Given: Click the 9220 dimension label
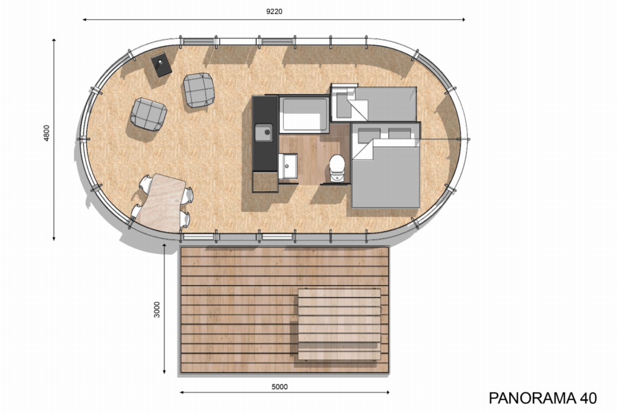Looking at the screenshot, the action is point(274,12).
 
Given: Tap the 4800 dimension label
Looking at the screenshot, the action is point(47,133).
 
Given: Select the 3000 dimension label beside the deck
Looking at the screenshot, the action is point(157,310).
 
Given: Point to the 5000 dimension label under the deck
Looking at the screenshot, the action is point(279,387).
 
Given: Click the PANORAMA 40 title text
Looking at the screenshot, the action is point(542,398).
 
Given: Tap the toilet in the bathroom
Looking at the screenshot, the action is point(337,169).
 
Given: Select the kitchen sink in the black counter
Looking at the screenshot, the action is point(264,133).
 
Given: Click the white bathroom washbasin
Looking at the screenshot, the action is point(288,166).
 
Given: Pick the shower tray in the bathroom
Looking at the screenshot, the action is point(304,114).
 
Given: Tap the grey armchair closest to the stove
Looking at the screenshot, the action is point(199,90).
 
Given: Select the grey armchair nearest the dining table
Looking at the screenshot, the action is point(149,114).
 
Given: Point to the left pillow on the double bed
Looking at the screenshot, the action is point(369,134).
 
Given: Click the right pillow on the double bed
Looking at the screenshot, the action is point(399,134).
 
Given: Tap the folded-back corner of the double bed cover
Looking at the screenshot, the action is point(363,150).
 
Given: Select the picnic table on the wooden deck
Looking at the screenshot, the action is point(339,324).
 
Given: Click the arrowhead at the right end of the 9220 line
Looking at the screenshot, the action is point(464,20).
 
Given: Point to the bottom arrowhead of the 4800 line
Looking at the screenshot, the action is point(54,238).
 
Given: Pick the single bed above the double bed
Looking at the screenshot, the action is point(374,104).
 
